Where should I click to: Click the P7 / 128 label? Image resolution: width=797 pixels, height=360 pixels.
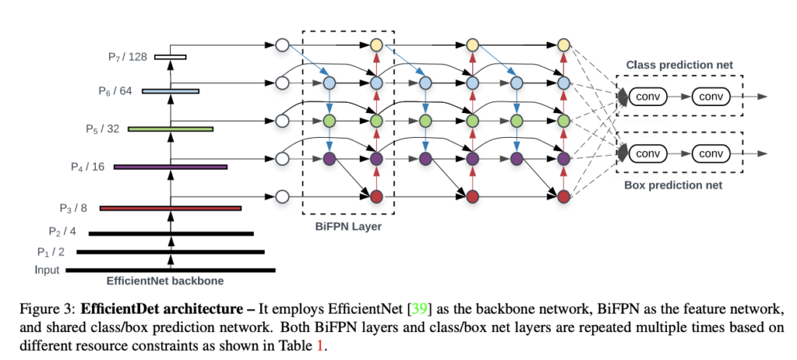click(128, 57)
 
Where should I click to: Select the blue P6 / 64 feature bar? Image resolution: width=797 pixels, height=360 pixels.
click(171, 91)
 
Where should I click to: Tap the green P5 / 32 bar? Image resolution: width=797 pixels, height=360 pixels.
click(171, 129)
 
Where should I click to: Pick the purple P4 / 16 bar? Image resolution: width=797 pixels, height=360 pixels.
click(171, 166)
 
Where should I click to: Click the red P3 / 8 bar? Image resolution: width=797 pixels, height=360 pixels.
click(171, 208)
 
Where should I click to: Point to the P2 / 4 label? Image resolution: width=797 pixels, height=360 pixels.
click(63, 231)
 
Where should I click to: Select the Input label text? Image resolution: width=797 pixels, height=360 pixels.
click(47, 270)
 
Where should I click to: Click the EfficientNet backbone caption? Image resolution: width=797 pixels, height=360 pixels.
click(165, 281)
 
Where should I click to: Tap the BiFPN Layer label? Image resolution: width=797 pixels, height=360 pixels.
click(348, 226)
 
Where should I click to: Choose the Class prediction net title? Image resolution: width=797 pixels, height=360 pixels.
click(679, 64)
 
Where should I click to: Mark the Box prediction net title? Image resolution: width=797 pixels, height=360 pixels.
click(673, 186)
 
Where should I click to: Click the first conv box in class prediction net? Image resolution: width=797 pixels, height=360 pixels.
click(648, 97)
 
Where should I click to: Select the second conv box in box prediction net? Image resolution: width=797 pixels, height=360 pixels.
click(711, 153)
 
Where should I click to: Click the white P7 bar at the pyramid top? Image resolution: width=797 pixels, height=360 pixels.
click(171, 57)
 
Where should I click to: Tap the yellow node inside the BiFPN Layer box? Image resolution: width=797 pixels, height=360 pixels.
click(376, 45)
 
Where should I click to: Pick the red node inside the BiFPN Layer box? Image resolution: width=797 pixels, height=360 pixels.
click(376, 197)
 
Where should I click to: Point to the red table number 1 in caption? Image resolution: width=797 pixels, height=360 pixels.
click(320, 348)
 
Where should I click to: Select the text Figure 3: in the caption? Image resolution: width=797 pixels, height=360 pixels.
click(48, 309)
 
